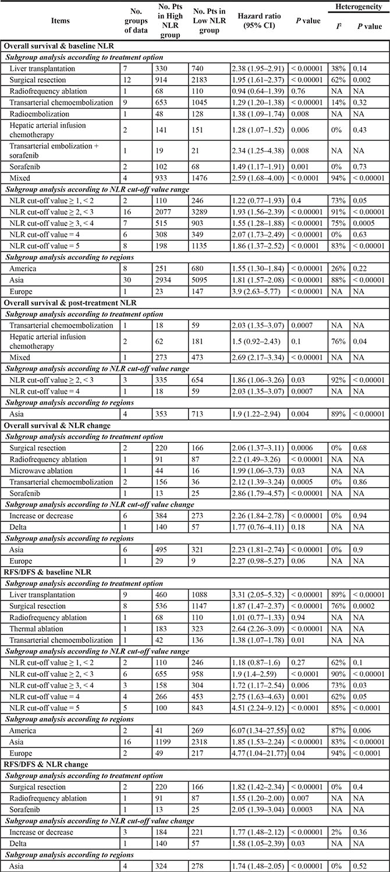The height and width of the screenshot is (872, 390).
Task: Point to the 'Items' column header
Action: tap(60, 20)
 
